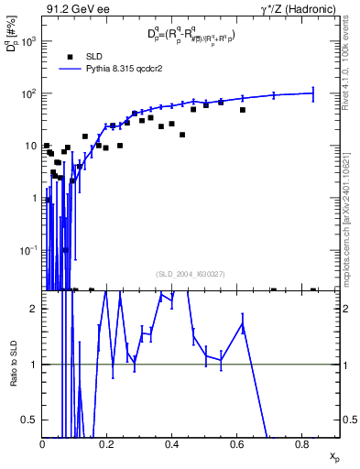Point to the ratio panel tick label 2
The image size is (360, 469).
[x=34, y=309]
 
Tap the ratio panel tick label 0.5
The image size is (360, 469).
[x=30, y=420]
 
